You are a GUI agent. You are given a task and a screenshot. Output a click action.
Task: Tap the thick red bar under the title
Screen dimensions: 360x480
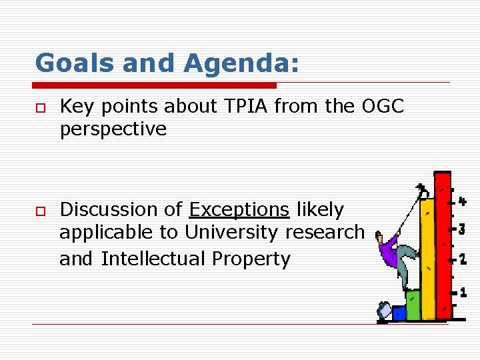tap(155, 85)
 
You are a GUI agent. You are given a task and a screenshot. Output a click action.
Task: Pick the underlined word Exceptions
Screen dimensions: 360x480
tap(239, 209)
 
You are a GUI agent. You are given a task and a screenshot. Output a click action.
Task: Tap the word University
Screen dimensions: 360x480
tap(232, 233)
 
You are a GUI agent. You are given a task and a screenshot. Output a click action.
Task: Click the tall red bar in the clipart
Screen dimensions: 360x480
tap(443, 247)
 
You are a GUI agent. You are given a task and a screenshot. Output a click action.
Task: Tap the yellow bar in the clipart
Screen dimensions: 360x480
tap(428, 257)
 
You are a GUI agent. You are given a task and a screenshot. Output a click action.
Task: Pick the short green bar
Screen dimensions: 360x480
tap(413, 305)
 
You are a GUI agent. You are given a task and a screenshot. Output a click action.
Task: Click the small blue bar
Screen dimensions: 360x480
tap(399, 313)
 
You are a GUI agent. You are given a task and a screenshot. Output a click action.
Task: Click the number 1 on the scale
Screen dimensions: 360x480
tap(463, 292)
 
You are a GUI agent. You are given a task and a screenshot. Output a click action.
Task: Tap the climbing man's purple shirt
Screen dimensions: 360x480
tap(388, 249)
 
